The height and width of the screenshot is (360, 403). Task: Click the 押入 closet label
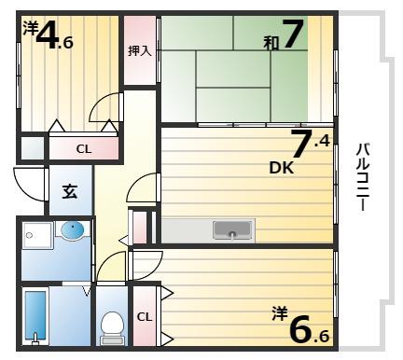(140, 50)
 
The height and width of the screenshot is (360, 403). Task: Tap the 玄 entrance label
(70, 191)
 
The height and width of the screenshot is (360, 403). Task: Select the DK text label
(282, 168)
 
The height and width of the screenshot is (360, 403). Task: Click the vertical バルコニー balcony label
(363, 177)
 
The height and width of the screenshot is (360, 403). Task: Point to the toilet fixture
(112, 328)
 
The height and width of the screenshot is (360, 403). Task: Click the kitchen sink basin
(232, 230)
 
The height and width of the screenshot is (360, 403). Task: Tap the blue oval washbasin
(73, 230)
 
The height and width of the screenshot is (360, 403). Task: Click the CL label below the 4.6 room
(84, 149)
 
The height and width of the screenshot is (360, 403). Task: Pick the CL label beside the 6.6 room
(145, 317)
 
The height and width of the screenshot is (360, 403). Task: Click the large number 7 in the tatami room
(292, 34)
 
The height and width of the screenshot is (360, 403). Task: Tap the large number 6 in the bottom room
(301, 328)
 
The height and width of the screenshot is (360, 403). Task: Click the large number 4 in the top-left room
(48, 35)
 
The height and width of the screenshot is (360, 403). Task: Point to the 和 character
(271, 43)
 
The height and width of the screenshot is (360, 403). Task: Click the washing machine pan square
(37, 235)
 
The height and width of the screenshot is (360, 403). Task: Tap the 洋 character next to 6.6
(280, 313)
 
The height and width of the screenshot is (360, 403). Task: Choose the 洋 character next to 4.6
(31, 27)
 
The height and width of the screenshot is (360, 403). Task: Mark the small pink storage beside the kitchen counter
(140, 227)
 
